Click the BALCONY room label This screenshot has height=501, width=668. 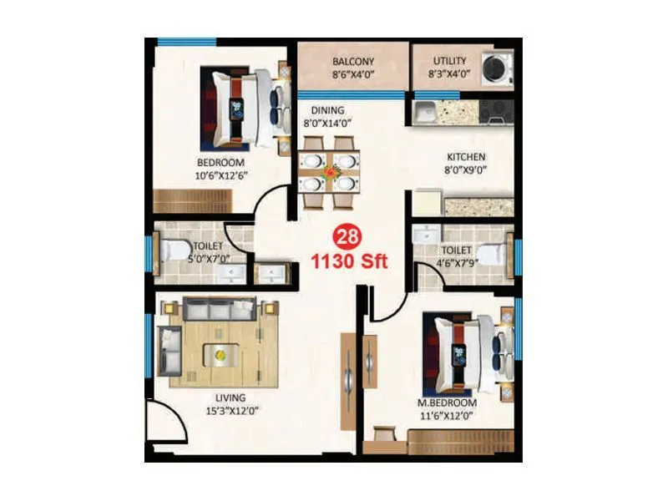coord(352,62)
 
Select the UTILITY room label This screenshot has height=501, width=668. coord(450,62)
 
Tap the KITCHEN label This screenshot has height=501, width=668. coord(465,157)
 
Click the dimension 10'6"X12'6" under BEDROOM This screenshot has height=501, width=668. coord(220,175)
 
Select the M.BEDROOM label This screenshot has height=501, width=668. coord(448,403)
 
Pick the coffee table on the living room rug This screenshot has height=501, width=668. coord(220,354)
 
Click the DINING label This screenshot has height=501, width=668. coord(328,110)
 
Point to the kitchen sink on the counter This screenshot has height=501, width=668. coord(425,109)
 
